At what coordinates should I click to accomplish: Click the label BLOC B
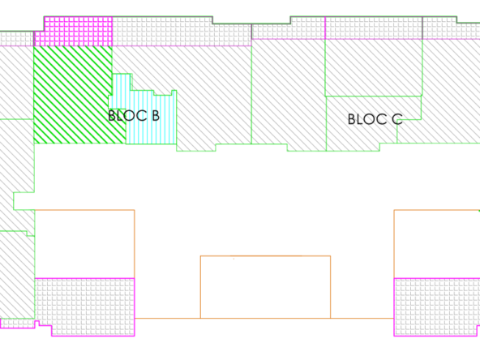click(134, 116)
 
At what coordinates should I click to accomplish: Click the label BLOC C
click(375, 119)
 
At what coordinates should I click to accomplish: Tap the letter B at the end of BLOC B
click(156, 116)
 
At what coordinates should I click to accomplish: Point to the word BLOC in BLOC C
click(366, 119)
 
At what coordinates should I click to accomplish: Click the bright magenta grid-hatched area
click(74, 32)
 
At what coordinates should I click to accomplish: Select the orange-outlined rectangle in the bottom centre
click(265, 287)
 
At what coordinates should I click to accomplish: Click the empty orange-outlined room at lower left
click(84, 244)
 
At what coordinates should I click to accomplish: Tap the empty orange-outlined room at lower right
click(437, 244)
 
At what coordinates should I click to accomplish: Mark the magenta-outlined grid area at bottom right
click(437, 306)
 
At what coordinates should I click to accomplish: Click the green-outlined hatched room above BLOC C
click(374, 67)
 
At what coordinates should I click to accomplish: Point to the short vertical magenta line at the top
click(325, 28)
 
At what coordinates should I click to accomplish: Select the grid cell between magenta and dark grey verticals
click(374, 28)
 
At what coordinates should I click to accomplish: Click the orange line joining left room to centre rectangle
click(168, 319)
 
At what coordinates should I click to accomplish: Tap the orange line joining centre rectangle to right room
click(362, 319)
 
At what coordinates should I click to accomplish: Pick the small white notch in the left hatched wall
click(24, 201)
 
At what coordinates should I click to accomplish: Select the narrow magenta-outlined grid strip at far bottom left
click(18, 324)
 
